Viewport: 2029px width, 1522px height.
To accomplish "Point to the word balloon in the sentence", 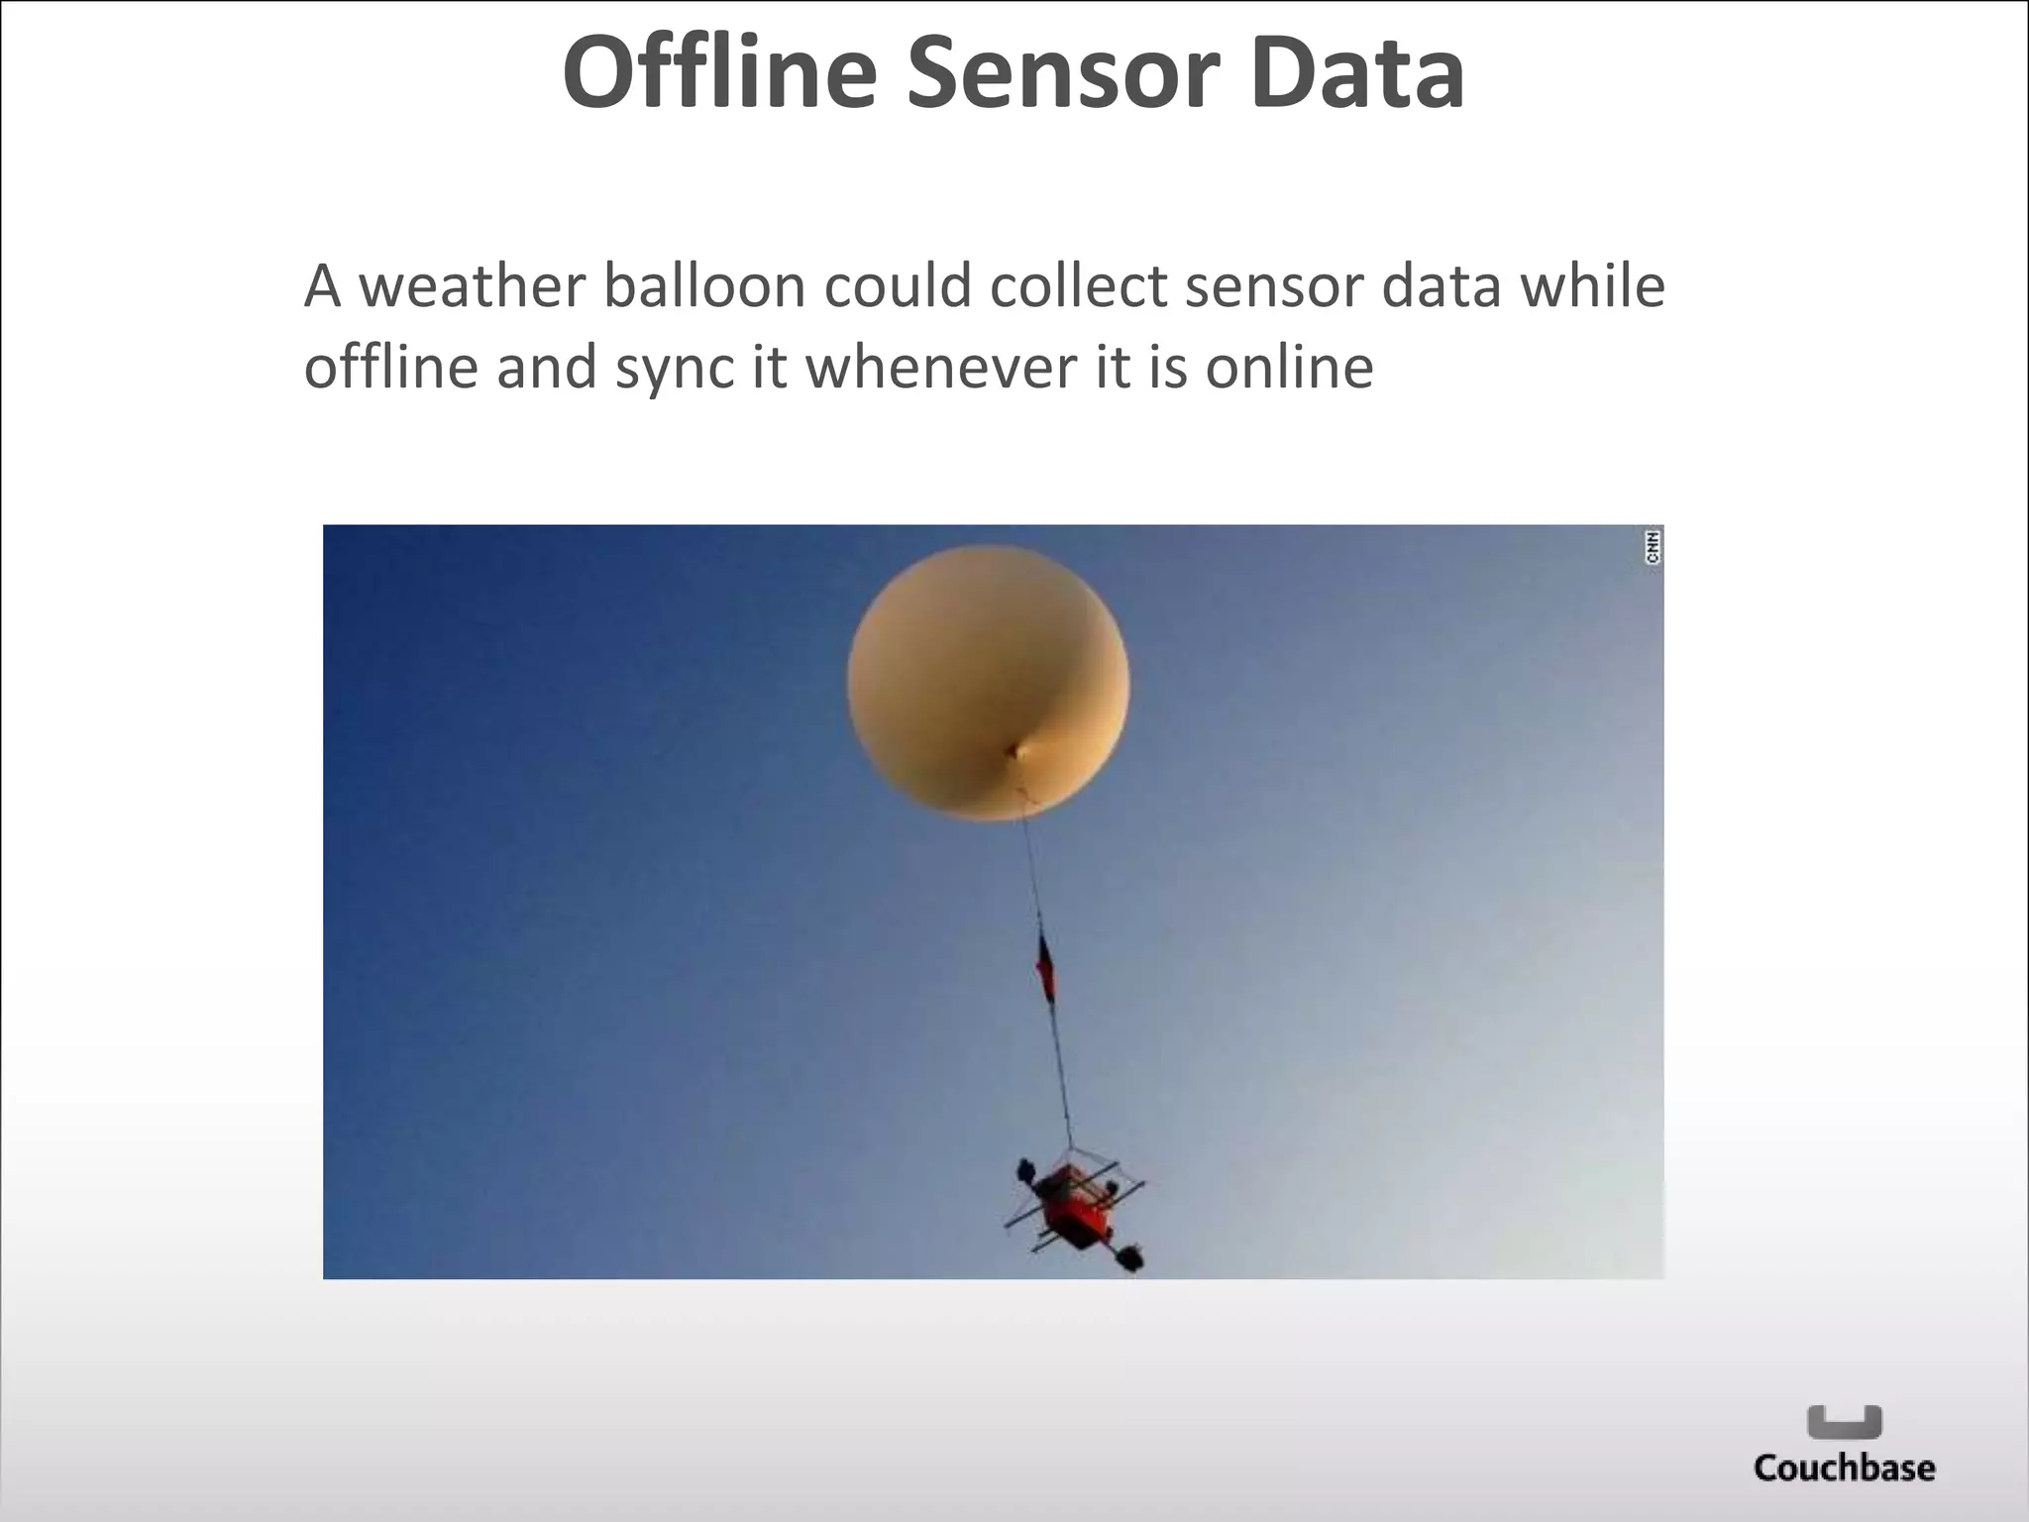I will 704,286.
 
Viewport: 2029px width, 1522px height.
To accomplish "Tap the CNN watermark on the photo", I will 1653,547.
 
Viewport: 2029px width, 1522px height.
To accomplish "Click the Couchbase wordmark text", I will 1844,1468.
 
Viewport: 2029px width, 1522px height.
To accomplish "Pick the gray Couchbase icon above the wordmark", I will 1844,1421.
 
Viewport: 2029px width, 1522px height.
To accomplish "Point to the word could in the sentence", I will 898,286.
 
